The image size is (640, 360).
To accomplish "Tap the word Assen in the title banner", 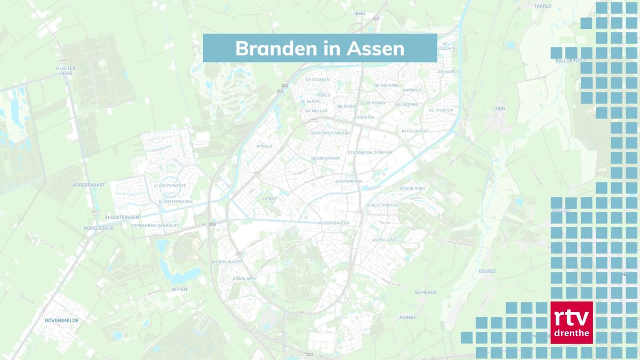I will (x=375, y=49).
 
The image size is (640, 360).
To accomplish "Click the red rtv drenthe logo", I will (x=571, y=323).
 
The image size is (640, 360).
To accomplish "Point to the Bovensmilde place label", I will (x=61, y=321).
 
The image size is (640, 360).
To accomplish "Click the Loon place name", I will (x=499, y=109).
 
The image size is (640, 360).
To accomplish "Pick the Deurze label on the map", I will (x=487, y=271).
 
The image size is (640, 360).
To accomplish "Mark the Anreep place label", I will (x=407, y=317).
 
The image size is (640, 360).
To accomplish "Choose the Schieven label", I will (x=426, y=292).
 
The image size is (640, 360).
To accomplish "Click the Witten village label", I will (x=179, y=289).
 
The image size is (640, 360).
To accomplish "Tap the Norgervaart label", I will (x=89, y=185).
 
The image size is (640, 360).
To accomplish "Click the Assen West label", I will (x=245, y=279).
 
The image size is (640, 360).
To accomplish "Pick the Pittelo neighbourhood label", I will (x=265, y=146).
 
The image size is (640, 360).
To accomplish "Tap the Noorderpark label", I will (x=325, y=158).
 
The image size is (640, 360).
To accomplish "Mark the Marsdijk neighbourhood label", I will (x=412, y=90).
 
